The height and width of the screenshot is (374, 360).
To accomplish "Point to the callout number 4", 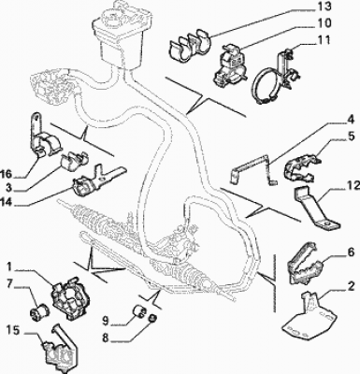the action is [351, 119].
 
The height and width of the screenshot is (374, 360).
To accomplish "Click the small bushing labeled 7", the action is [38, 310].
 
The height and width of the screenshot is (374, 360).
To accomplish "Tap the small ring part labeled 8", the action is [152, 318].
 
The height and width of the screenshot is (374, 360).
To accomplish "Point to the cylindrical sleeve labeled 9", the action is [139, 310].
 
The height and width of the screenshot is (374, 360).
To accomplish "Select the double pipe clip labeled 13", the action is [190, 45].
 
